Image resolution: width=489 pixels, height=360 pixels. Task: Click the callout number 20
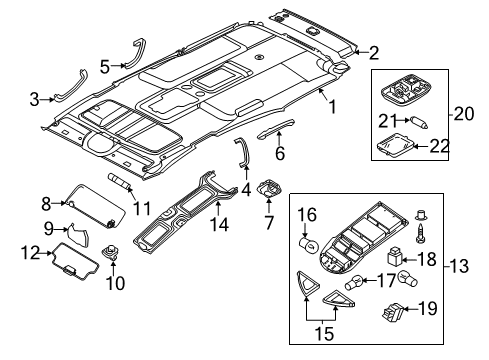(x=464, y=114)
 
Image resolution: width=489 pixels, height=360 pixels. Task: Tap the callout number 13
(x=459, y=266)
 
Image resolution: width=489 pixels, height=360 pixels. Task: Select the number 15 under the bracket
(x=324, y=334)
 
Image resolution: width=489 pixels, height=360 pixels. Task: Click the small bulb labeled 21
(x=419, y=122)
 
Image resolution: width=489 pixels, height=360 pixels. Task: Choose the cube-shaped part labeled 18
(x=395, y=257)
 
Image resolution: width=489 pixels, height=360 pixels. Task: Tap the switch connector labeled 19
(x=393, y=312)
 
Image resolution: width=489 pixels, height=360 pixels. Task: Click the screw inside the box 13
(x=420, y=233)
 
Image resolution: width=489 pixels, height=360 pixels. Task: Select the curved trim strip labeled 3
(x=72, y=86)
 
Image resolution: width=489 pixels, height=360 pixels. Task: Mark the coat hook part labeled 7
(x=269, y=188)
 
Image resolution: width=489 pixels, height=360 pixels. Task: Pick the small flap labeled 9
(x=79, y=235)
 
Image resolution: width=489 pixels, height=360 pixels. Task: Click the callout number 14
(x=219, y=225)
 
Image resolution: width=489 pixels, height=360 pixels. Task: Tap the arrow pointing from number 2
(x=360, y=52)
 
